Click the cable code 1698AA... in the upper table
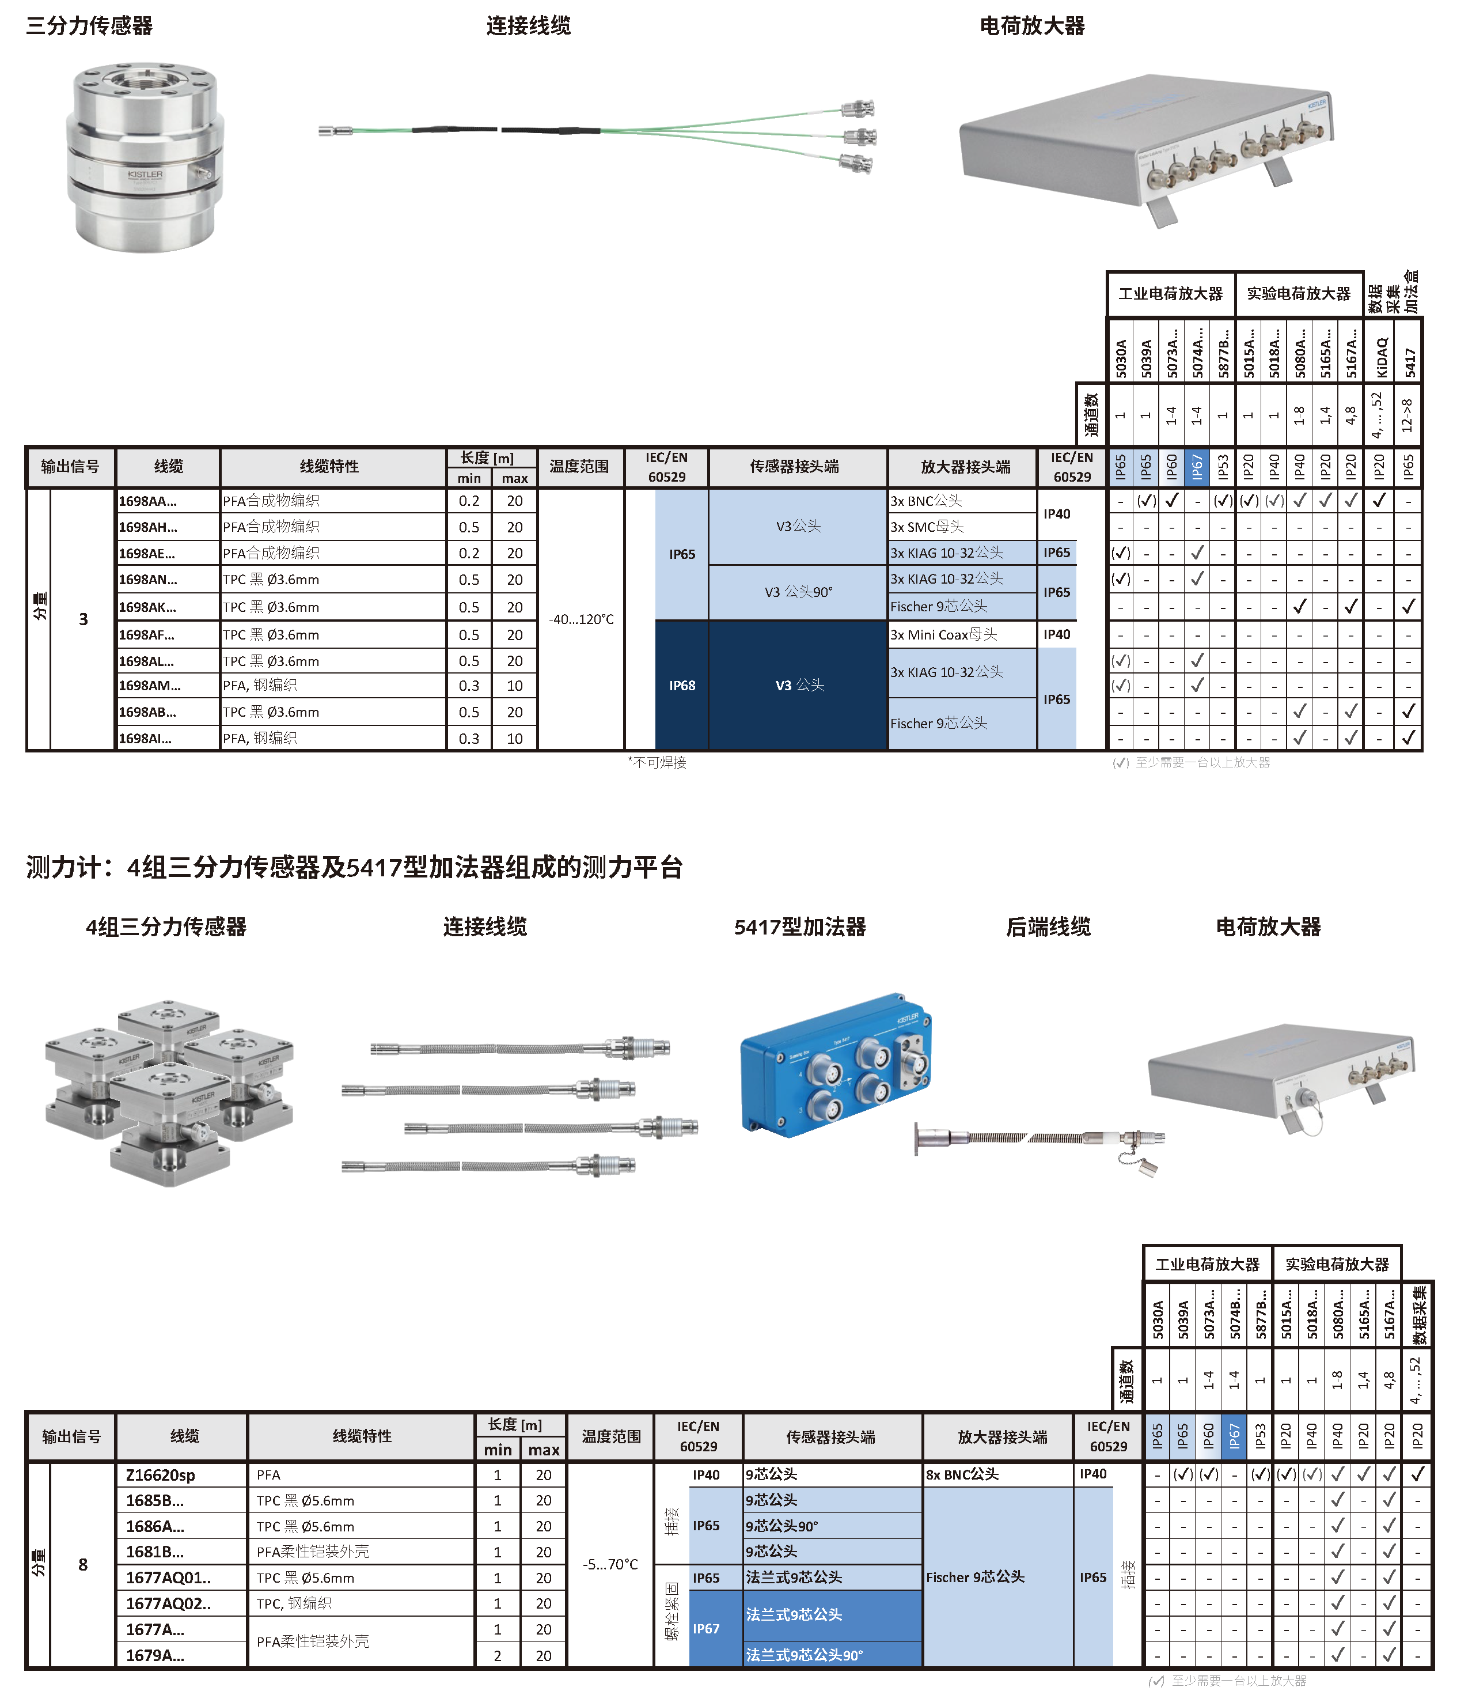pyautogui.click(x=148, y=501)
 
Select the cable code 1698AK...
pyautogui.click(x=148, y=607)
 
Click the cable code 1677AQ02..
pyautogui.click(x=168, y=1603)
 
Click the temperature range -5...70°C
pyautogui.click(x=610, y=1564)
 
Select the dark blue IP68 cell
pyautogui.click(x=682, y=685)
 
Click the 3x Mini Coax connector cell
pyautogui.click(x=944, y=634)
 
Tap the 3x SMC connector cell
pyautogui.click(x=927, y=527)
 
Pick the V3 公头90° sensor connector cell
pyautogui.click(x=798, y=592)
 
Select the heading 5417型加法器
pyautogui.click(x=799, y=927)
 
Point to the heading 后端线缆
pyautogui.click(x=1048, y=927)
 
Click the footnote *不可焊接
pyautogui.click(x=657, y=762)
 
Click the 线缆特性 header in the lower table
pyautogui.click(x=362, y=1436)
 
